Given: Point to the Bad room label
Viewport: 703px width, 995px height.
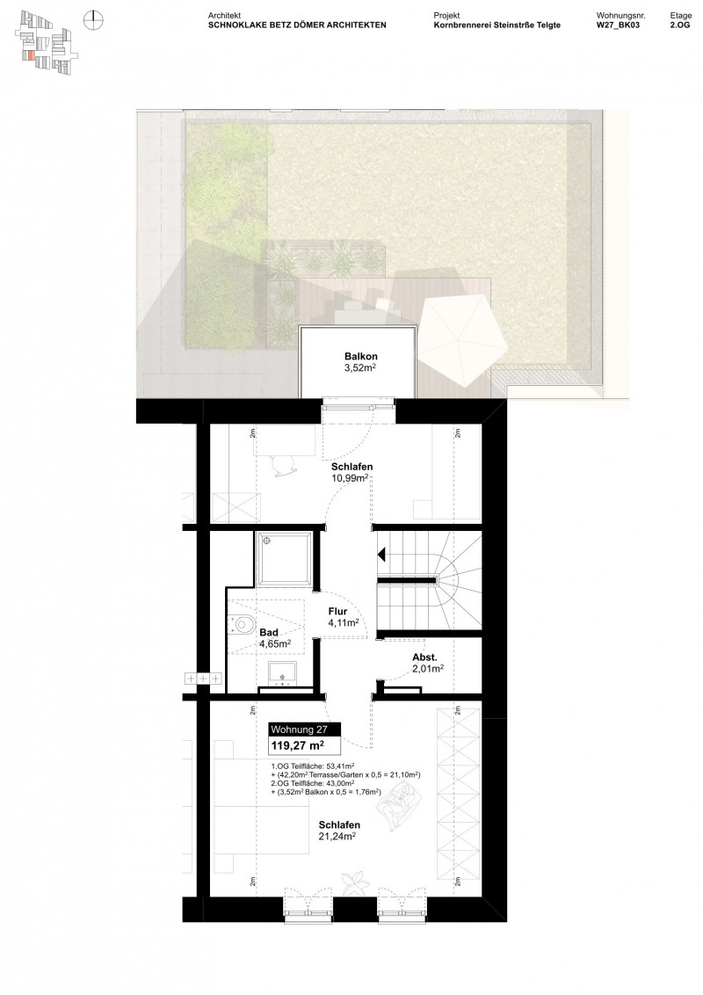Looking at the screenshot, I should (269, 632).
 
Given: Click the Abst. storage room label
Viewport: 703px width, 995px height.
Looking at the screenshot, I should (426, 657).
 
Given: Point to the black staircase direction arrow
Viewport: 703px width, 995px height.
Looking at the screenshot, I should (382, 555).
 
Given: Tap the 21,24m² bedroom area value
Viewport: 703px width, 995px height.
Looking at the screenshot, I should (339, 838).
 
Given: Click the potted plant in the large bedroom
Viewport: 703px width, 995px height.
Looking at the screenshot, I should (356, 881).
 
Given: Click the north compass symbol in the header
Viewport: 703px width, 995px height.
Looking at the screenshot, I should (93, 18).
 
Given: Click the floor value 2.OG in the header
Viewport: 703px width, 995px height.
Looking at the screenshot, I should (680, 26).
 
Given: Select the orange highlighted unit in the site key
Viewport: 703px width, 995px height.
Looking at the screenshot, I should (33, 55).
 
